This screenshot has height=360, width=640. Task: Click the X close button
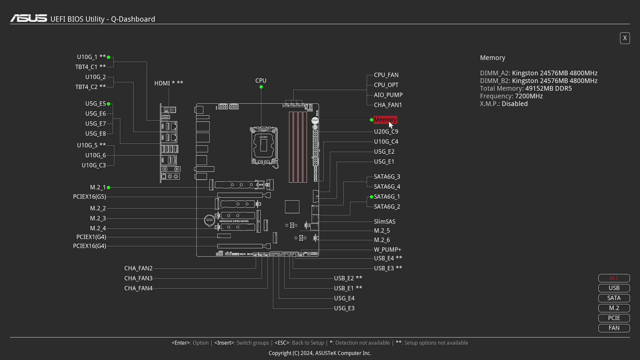tap(625, 38)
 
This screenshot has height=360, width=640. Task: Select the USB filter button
tap(614, 288)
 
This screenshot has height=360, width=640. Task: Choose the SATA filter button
tap(614, 298)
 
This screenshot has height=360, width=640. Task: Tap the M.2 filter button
tap(614, 308)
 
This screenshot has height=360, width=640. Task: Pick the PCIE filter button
tap(614, 318)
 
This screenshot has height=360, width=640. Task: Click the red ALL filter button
tap(614, 278)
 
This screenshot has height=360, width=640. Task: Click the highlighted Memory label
tap(385, 120)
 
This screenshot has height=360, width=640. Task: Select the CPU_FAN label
tap(386, 75)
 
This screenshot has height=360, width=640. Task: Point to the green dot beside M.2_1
tap(109, 188)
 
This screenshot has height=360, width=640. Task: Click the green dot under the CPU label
tap(261, 87)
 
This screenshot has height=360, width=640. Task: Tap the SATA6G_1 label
tap(387, 197)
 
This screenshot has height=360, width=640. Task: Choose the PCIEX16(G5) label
tap(89, 197)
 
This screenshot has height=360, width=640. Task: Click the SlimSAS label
tap(384, 222)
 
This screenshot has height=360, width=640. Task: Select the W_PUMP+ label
tap(387, 250)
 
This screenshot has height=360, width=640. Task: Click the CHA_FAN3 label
tap(138, 278)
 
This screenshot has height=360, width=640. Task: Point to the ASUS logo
tap(29, 18)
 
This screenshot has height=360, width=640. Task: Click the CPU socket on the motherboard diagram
tap(264, 145)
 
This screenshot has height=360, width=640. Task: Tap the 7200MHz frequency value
tap(529, 96)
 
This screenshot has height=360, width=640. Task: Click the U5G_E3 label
tap(344, 308)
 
